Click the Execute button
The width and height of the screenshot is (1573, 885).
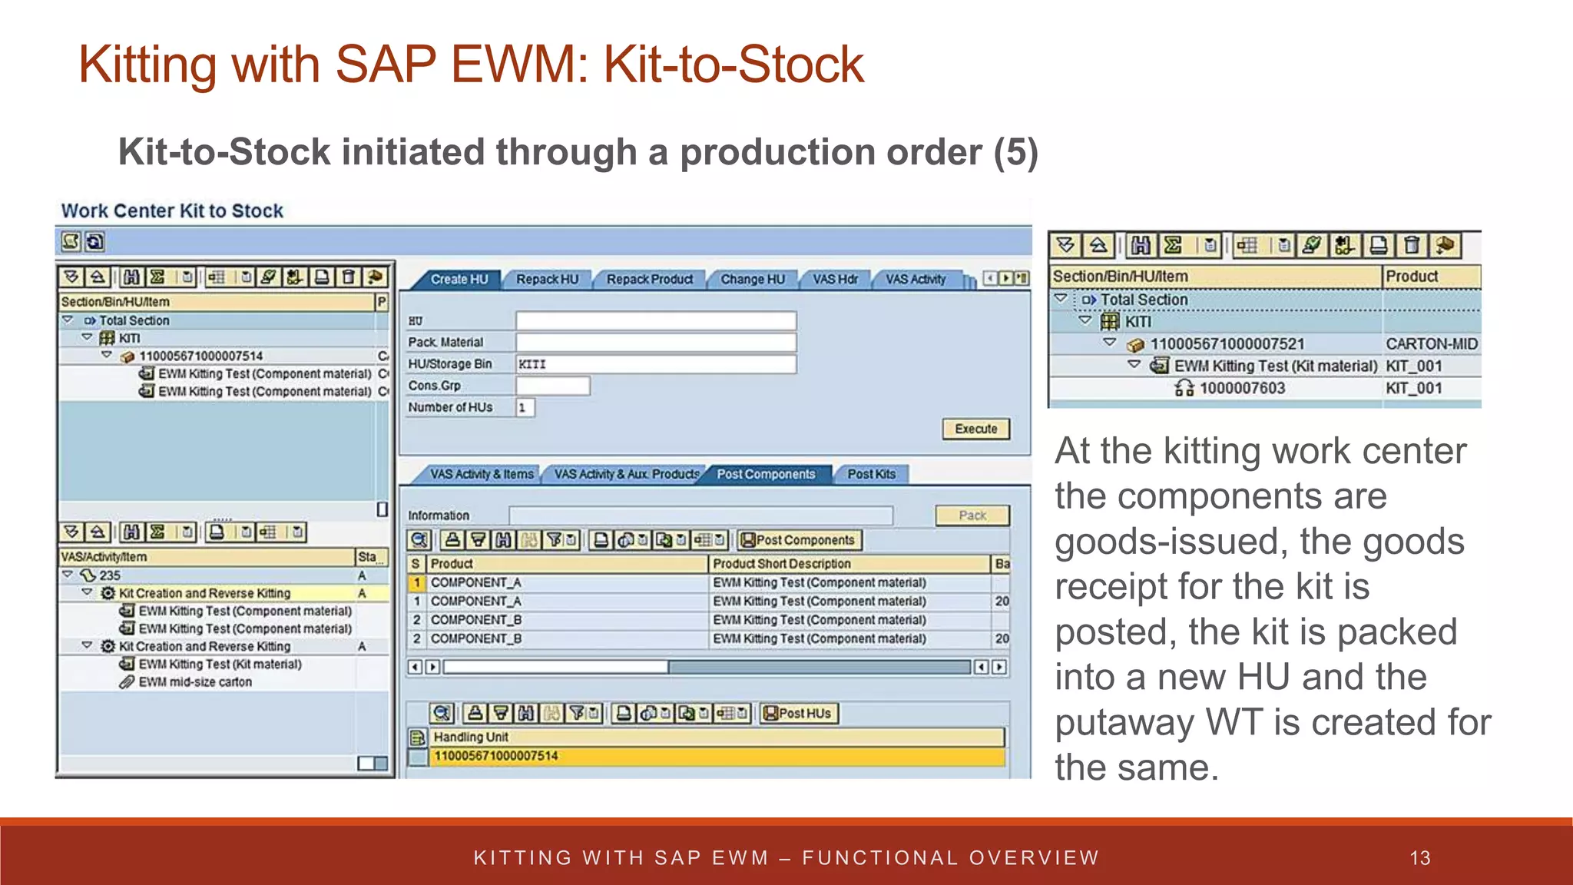click(975, 429)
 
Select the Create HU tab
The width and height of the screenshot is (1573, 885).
click(459, 280)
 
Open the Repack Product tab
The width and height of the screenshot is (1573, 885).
click(649, 280)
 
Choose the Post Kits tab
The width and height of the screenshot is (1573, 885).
click(871, 474)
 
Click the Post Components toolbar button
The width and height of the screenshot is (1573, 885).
click(799, 540)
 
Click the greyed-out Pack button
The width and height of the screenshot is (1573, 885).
click(972, 515)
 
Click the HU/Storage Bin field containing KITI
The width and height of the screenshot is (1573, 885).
click(655, 364)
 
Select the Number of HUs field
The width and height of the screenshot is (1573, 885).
click(525, 407)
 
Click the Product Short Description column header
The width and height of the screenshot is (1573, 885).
click(781, 564)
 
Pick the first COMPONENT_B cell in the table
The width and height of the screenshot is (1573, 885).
click(476, 620)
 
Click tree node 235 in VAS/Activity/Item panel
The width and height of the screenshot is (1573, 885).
click(109, 575)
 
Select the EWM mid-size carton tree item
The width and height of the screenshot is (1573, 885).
click(195, 682)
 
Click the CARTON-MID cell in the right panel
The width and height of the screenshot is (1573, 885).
click(1431, 344)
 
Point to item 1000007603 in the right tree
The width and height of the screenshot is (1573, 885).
click(1241, 389)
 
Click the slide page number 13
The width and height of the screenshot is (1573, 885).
click(1420, 858)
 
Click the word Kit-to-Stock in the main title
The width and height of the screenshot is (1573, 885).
click(734, 65)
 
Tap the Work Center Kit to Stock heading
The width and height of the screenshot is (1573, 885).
click(172, 211)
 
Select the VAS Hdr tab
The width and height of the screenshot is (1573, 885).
click(835, 280)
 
